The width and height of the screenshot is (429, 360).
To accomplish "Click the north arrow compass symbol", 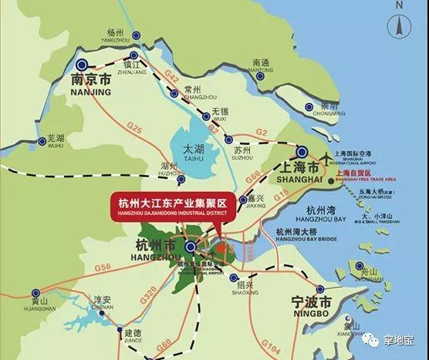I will (x=401, y=27).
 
